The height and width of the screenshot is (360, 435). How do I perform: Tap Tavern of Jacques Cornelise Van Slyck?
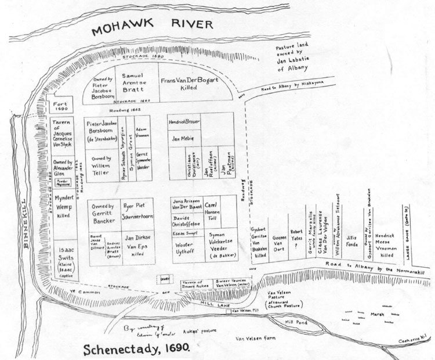tap(68, 136)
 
